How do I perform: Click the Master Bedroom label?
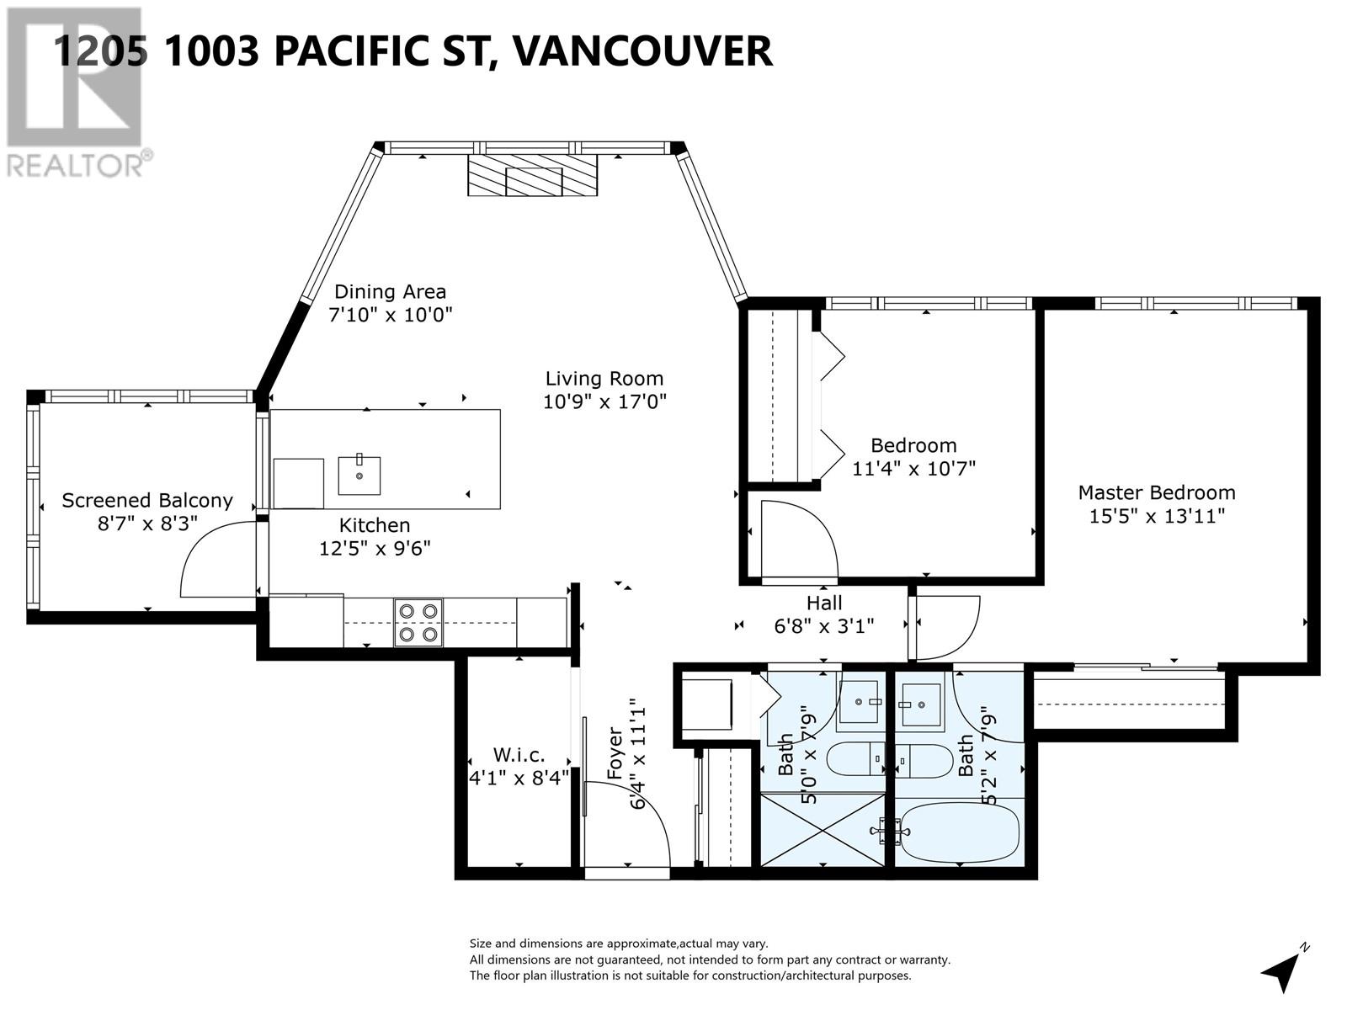(1156, 492)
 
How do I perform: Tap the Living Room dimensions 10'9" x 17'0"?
(604, 401)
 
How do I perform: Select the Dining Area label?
(390, 292)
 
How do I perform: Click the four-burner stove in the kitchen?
(418, 623)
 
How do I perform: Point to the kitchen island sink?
(359, 475)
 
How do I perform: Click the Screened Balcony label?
(146, 501)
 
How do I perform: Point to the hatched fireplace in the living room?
(533, 176)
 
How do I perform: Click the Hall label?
(823, 603)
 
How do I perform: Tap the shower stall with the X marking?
(823, 830)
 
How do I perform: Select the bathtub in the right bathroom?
(958, 832)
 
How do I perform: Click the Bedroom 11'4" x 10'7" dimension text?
(913, 468)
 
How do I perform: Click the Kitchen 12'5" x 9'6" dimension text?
(375, 549)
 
